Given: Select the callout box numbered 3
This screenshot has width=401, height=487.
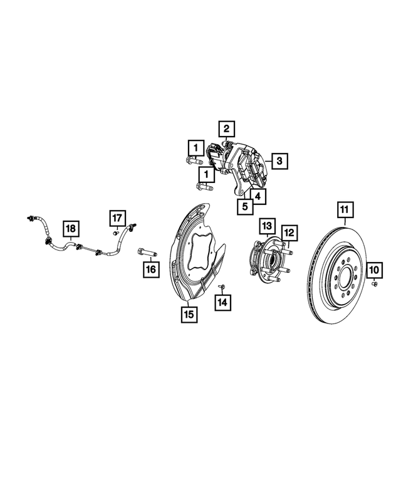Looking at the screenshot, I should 279,161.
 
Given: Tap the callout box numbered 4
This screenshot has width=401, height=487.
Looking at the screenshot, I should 258,196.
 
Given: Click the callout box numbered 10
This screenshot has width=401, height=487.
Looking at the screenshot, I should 374,270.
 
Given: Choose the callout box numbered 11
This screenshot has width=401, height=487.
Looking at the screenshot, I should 344,209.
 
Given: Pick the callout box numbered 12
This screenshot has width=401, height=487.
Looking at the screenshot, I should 289,233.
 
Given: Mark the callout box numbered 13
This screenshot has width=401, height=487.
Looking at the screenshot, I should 266,225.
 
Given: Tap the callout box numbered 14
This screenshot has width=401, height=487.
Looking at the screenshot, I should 222,302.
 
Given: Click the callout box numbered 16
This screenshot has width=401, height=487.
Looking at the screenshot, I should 150,270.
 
